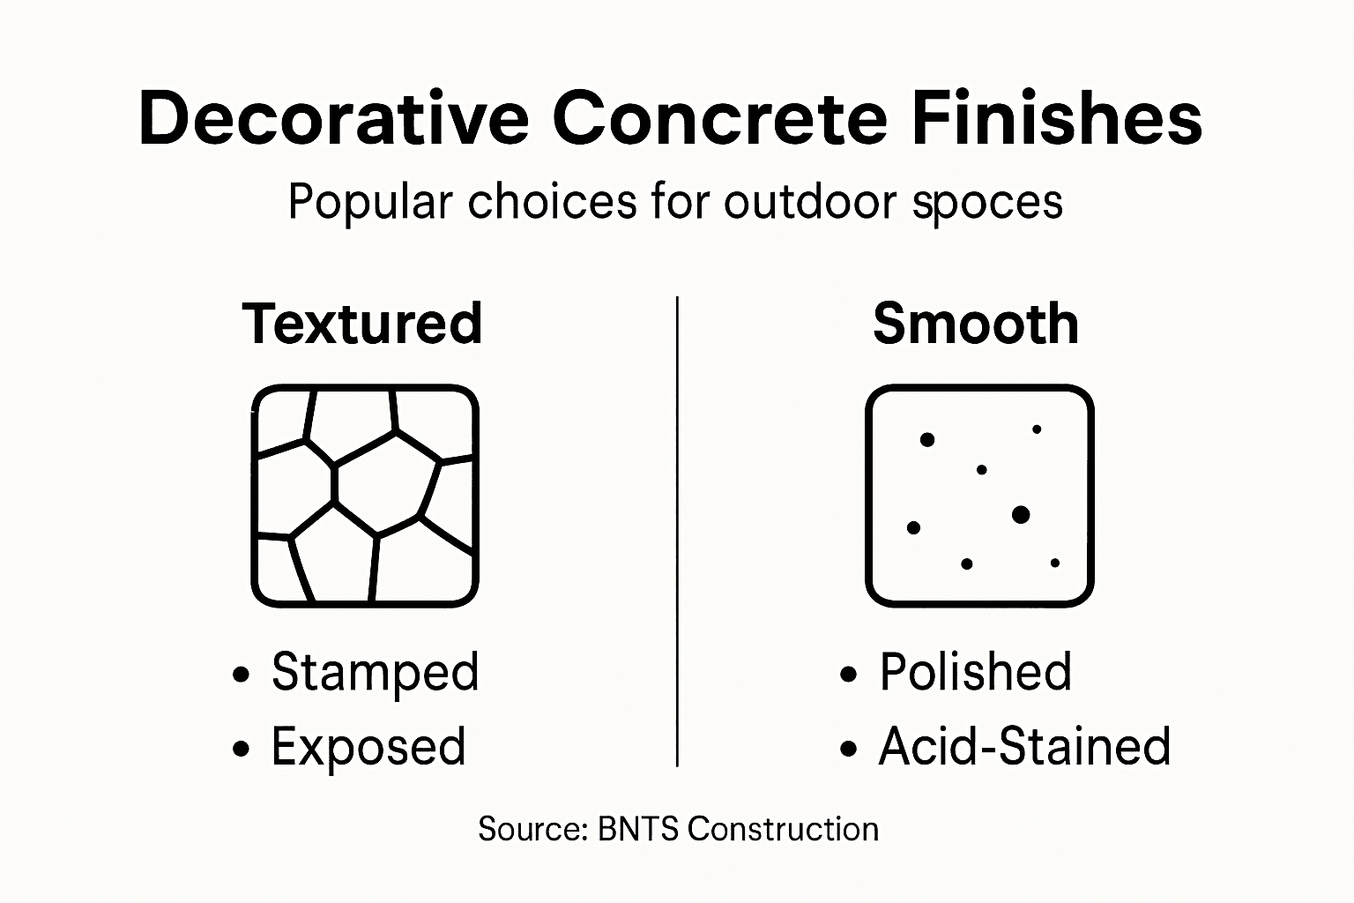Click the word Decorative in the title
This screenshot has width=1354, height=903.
click(x=333, y=118)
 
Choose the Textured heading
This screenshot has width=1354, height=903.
click(x=362, y=324)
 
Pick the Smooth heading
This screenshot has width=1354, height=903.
click(x=976, y=324)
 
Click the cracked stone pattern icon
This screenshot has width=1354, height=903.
click(x=365, y=496)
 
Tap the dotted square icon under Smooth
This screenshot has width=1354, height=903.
click(x=979, y=496)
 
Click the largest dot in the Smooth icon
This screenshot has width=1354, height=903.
click(x=1021, y=514)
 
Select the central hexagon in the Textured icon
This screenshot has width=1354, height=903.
click(x=386, y=483)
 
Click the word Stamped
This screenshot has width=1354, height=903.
click(x=375, y=673)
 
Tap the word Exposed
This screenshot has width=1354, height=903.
click(x=368, y=748)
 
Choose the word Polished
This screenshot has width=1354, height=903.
click(x=976, y=672)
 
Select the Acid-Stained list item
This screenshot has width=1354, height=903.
click(x=1024, y=747)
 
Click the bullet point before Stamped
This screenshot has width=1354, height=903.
click(x=241, y=675)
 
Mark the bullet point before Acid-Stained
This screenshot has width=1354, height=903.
click(x=848, y=750)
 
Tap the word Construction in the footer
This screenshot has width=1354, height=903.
click(x=783, y=829)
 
